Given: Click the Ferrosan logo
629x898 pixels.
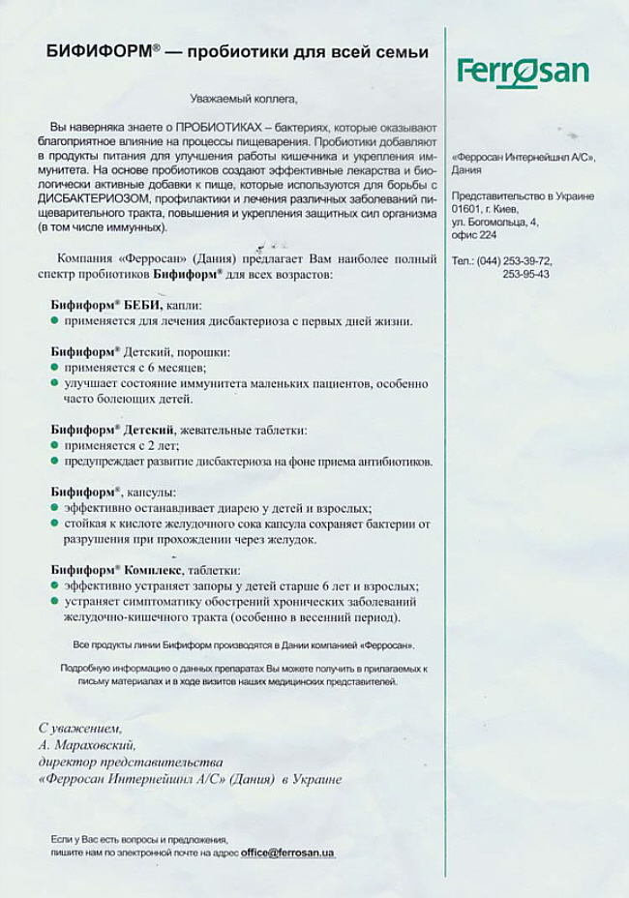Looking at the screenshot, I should coord(523,72).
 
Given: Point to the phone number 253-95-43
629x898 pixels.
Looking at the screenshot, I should coord(525,274).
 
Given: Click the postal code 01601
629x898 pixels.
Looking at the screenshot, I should coord(466,208).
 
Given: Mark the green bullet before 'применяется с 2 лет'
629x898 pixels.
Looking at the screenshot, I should coord(54,446).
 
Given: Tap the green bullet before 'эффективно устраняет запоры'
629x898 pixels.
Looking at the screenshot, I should coord(54,586).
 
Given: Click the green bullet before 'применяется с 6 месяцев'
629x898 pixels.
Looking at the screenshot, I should coord(54,368).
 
